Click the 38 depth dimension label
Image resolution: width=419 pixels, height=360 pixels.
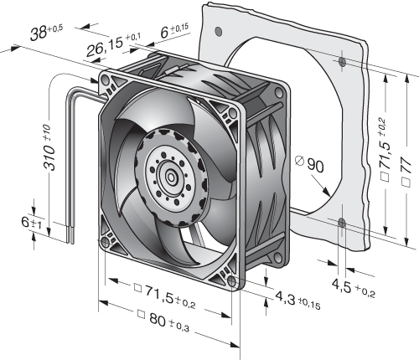(x=47, y=32)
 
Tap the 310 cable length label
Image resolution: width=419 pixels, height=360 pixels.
(x=49, y=147)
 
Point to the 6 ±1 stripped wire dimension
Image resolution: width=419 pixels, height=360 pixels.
(x=31, y=223)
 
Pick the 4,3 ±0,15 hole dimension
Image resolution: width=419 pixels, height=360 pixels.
(x=297, y=301)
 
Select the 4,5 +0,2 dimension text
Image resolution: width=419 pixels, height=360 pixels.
(x=354, y=288)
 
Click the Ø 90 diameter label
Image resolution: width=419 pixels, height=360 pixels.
(x=309, y=164)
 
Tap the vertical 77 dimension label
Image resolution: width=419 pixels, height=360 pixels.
(x=406, y=171)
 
